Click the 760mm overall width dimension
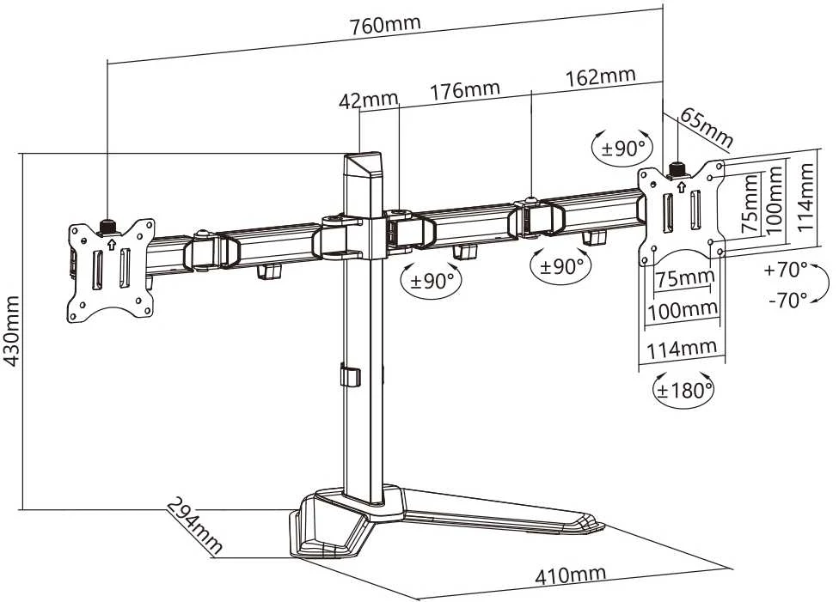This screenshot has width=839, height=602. click(385, 25)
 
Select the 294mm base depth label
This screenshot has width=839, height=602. click(194, 525)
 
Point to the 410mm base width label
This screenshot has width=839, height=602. click(571, 575)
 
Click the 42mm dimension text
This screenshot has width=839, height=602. click(369, 100)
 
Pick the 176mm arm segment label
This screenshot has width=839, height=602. click(465, 90)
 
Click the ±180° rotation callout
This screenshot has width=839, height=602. click(683, 390)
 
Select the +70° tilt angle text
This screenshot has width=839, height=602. click(786, 270)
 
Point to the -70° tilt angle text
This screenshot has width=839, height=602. click(787, 300)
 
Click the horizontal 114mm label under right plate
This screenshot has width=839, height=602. click(683, 350)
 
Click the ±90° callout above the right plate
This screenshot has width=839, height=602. click(623, 147)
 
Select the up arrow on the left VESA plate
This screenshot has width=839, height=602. click(111, 245)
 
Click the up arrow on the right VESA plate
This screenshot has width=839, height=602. click(681, 187)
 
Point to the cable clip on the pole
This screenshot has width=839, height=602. click(349, 374)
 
